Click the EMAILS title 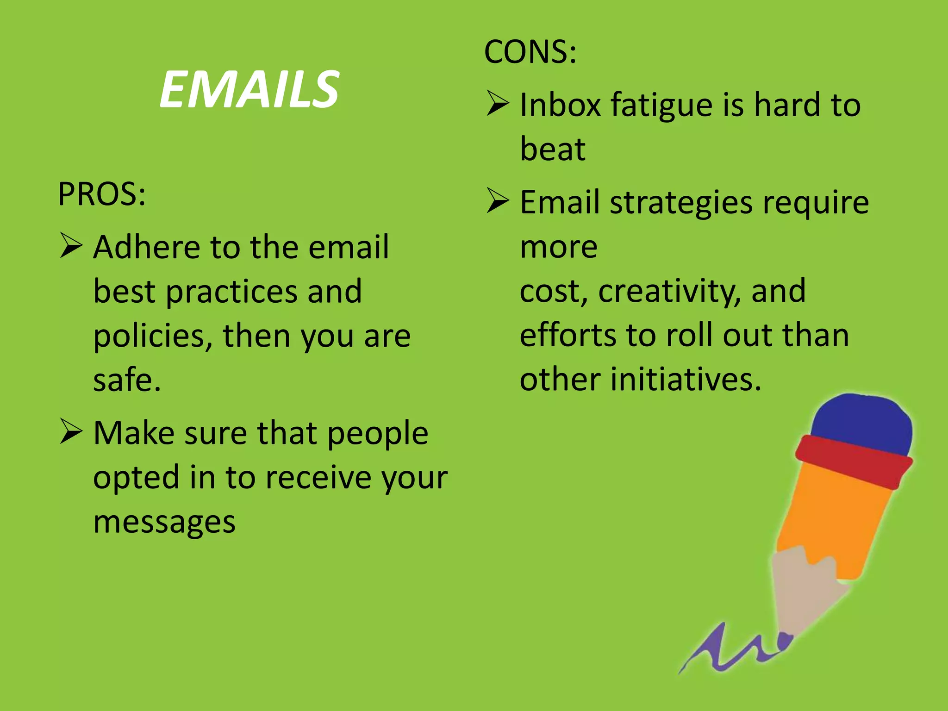[249, 89]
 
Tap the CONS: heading [530, 52]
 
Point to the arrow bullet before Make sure [71, 432]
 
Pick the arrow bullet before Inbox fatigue [498, 103]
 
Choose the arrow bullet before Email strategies [498, 201]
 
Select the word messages [164, 522]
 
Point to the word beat [553, 149]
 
